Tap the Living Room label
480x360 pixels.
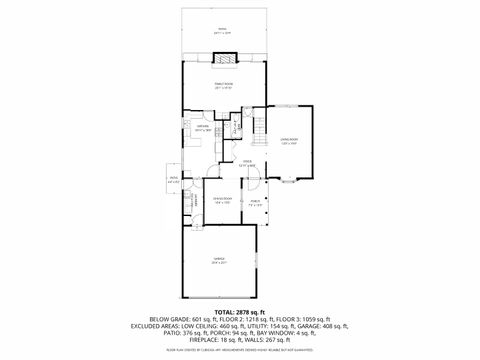(288, 142)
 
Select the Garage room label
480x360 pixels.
(219, 262)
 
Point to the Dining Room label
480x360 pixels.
(221, 202)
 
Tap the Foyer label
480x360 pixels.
(246, 164)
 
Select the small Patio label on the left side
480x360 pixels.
(174, 181)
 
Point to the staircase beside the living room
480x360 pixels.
(260, 126)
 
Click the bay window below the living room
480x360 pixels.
(288, 180)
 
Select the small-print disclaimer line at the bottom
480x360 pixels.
(239, 351)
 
